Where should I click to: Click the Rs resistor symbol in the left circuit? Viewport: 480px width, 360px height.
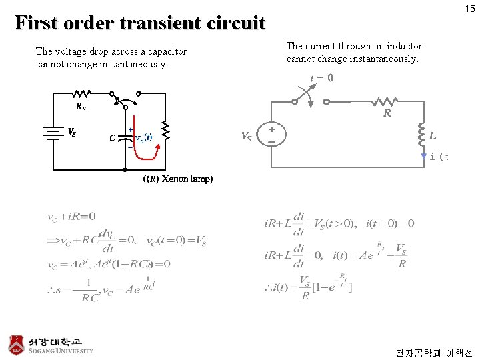coord(82,94)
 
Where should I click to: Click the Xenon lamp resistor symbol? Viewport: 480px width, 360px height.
coord(165,132)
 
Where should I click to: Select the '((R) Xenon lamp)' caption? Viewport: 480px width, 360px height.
coord(178,179)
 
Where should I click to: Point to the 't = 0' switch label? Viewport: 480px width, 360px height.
coord(322,77)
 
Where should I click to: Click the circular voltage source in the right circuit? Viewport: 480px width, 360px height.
coord(272,135)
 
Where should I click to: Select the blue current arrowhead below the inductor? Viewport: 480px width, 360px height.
coord(423,157)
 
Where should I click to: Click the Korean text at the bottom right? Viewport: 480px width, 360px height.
coord(433,352)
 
